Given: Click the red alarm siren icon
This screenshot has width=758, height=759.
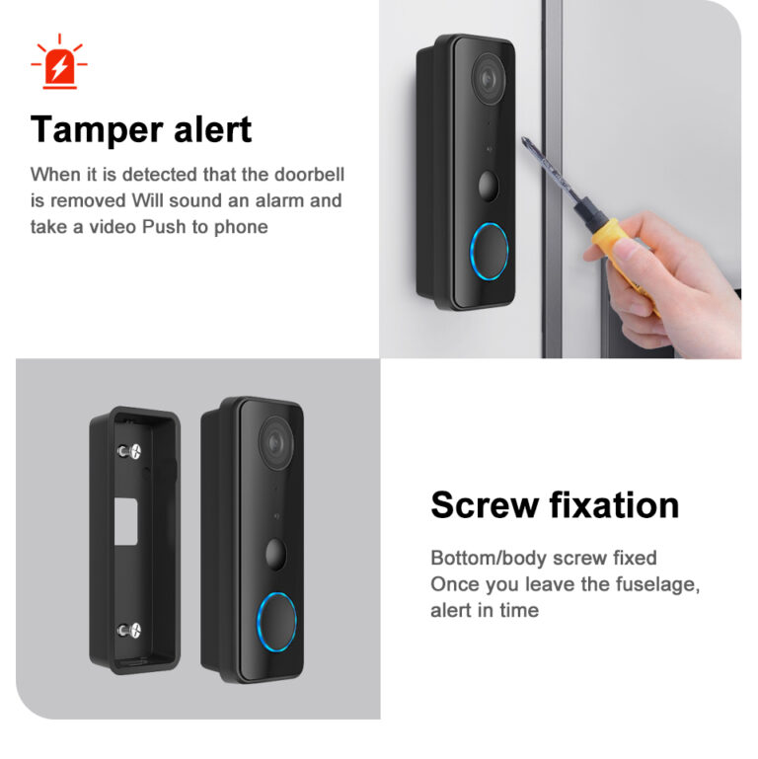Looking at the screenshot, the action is pos(59,62).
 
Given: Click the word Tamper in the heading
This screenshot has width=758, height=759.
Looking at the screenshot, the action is pos(97,129).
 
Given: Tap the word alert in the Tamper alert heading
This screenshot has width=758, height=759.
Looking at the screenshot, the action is pos(212,129).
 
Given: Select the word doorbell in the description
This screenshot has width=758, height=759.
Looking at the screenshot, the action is pos(309,175).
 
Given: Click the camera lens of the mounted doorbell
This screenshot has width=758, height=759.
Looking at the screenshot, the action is pos(489,78).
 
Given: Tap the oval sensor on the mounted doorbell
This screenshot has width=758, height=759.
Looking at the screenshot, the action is pos(488,186).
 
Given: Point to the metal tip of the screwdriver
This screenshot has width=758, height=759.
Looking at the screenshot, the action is pos(525,141).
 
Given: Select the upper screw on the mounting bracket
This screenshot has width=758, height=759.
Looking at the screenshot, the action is pos(129,452).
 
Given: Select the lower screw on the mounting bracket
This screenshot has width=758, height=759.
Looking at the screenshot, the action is pos(129,631).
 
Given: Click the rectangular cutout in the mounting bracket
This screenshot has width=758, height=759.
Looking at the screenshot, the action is pos(126,521).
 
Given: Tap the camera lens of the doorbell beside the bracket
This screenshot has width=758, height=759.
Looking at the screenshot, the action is pos(276,443).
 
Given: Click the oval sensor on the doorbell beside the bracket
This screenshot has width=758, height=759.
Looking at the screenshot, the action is pos(275,554).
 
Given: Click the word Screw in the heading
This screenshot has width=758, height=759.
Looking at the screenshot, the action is pos(485,505).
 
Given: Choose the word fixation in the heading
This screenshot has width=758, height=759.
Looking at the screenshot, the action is pos(614,504).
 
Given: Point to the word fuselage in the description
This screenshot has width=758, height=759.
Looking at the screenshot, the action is pos(657,584).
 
